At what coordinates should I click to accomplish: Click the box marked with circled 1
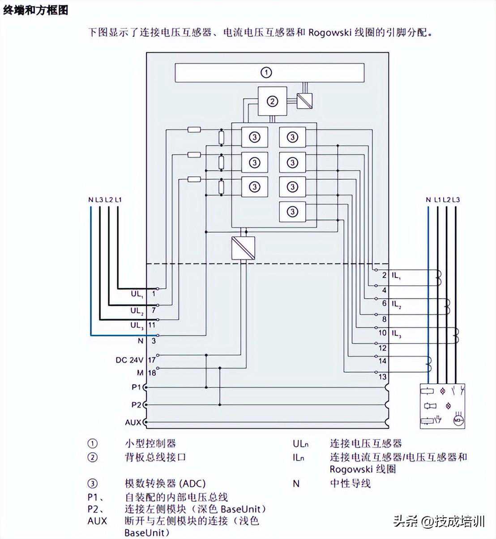coord(269,73)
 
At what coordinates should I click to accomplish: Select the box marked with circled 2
coord(272,102)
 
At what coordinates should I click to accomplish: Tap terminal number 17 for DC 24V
coord(152,360)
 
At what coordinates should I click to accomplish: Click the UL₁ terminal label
coord(137,294)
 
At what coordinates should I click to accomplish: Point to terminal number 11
coord(152,325)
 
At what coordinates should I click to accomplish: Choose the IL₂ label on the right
coord(397,304)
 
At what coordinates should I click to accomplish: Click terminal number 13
coord(382,377)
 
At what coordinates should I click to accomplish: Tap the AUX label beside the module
coord(133,422)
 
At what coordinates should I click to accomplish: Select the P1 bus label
coord(136,387)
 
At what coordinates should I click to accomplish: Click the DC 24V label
coord(129,360)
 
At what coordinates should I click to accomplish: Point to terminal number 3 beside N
coord(153,341)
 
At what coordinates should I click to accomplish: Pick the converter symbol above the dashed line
coord(244,248)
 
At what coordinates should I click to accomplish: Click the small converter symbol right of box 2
coord(305,100)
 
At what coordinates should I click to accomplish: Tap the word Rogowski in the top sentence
coord(329,33)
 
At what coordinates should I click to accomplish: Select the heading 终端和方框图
coord(36,10)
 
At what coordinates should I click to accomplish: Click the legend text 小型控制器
coord(150,443)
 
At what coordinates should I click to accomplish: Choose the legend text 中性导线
coord(351,483)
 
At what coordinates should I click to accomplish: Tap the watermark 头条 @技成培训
coord(439,522)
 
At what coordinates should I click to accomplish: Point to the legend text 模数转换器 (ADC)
coord(165,483)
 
